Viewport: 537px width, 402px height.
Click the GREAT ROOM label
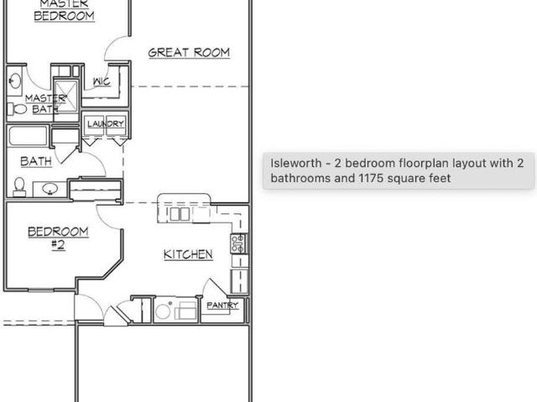pyautogui.click(x=189, y=52)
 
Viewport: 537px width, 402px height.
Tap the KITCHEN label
pyautogui.click(x=188, y=254)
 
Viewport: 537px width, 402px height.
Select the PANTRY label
pyautogui.click(x=222, y=305)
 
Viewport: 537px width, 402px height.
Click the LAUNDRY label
pyautogui.click(x=106, y=123)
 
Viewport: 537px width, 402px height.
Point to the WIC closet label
pyautogui.click(x=102, y=81)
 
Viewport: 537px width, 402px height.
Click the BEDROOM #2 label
pyautogui.click(x=58, y=238)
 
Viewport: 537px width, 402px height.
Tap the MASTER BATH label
pyautogui.click(x=45, y=104)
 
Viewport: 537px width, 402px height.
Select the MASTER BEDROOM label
pyautogui.click(x=64, y=10)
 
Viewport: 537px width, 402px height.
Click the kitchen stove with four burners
pyautogui.click(x=238, y=243)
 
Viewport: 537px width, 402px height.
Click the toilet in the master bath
pyautogui.click(x=17, y=109)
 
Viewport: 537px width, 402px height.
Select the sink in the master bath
pyautogui.click(x=15, y=81)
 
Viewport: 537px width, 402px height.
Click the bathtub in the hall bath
pyautogui.click(x=28, y=136)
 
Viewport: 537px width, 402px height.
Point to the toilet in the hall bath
pyautogui.click(x=19, y=187)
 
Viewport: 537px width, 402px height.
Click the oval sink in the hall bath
pyautogui.click(x=50, y=188)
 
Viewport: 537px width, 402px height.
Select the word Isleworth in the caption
pyautogui.click(x=296, y=163)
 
